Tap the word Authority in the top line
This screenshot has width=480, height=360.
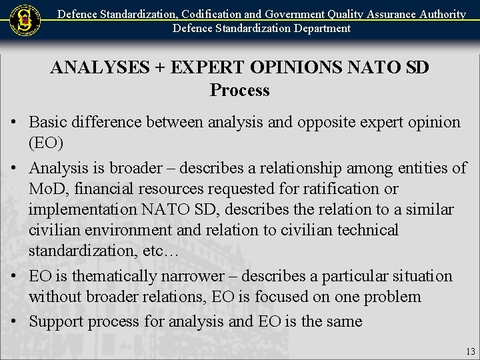coord(441,13)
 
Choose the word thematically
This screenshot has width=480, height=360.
coord(116,275)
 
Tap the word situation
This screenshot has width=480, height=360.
coord(420,275)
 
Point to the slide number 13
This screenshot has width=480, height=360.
coord(471,351)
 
